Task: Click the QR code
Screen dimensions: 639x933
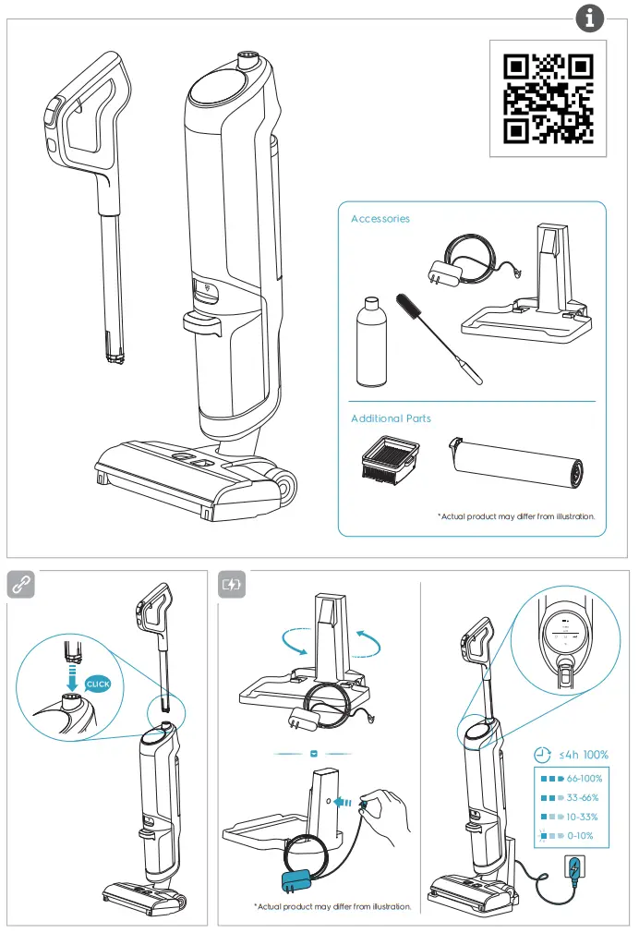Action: click(x=548, y=99)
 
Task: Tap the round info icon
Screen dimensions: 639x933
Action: click(x=590, y=18)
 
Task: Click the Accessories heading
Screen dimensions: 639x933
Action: click(x=380, y=219)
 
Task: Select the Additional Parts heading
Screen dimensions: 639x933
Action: click(x=391, y=418)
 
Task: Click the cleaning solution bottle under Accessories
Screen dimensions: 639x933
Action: click(x=371, y=342)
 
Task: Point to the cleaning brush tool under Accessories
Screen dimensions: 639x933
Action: click(x=440, y=338)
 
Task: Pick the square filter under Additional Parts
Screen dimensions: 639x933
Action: click(x=392, y=458)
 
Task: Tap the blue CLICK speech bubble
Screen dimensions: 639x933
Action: click(x=98, y=685)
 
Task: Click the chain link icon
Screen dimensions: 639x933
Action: click(x=21, y=584)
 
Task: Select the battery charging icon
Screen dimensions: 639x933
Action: click(x=232, y=584)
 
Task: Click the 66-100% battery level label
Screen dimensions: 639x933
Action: click(x=585, y=779)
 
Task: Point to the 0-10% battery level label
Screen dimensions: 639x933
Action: click(x=580, y=835)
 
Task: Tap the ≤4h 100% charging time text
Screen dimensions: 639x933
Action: click(x=584, y=755)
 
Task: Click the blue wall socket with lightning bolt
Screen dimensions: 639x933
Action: click(x=573, y=870)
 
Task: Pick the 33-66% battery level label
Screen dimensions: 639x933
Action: click(x=583, y=797)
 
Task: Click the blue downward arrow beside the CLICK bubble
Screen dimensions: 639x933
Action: click(x=72, y=678)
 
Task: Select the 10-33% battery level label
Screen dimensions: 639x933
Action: click(x=582, y=817)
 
